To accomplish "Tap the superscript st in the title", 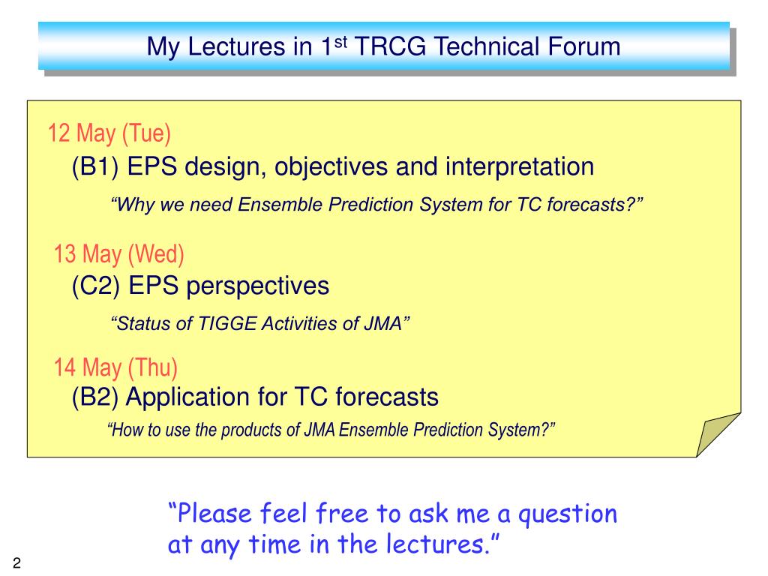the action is coord(341,42).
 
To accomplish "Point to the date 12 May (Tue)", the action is coord(109,133).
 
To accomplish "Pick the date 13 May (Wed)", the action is coord(118,254).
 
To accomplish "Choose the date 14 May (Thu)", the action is coord(115,367).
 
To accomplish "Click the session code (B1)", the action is coord(95,166).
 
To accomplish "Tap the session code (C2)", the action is coord(95,286).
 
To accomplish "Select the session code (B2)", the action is coord(95,397).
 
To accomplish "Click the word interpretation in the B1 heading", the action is coord(520,166).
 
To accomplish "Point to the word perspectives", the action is coord(258,286).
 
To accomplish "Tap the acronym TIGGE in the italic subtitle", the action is coord(227,324).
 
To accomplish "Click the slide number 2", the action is coord(17,563).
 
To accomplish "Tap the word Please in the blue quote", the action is coord(214,514).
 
